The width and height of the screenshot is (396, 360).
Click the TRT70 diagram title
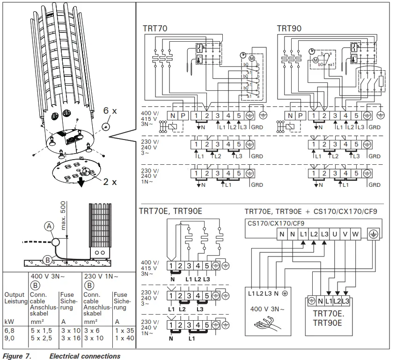pyautogui.click(x=155, y=28)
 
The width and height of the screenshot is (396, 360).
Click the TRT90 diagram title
pyautogui.click(x=289, y=28)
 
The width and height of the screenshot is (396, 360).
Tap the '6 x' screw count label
pyautogui.click(x=111, y=111)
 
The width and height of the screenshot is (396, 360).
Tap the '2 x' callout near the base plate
pyautogui.click(x=110, y=182)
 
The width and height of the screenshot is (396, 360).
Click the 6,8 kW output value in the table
pyautogui.click(x=10, y=331)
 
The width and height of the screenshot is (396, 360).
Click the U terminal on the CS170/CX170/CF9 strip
pyautogui.click(x=335, y=234)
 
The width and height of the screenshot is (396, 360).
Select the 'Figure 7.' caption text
pyautogui.click(x=17, y=356)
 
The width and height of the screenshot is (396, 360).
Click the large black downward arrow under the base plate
pyautogui.click(x=82, y=182)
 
